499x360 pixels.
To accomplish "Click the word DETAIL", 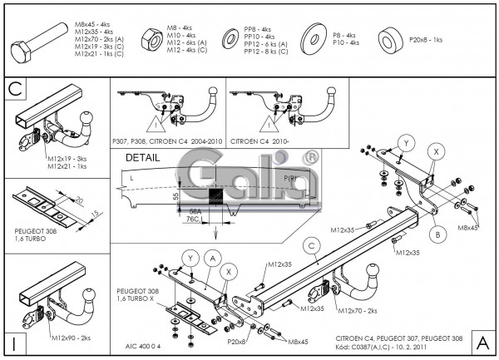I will [141, 157].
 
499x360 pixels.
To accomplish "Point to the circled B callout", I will [434, 234].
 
